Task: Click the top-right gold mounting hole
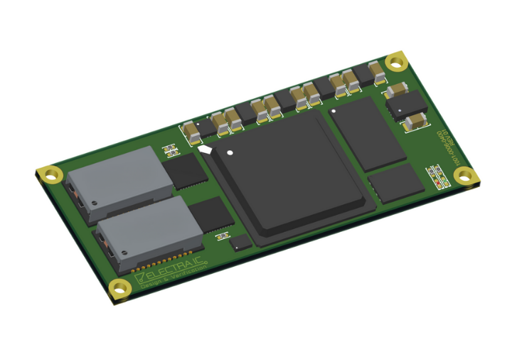[395, 63]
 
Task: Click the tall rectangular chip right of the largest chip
[368, 133]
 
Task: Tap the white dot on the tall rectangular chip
[333, 110]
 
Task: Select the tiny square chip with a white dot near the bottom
[241, 243]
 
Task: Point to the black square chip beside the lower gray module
[211, 213]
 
